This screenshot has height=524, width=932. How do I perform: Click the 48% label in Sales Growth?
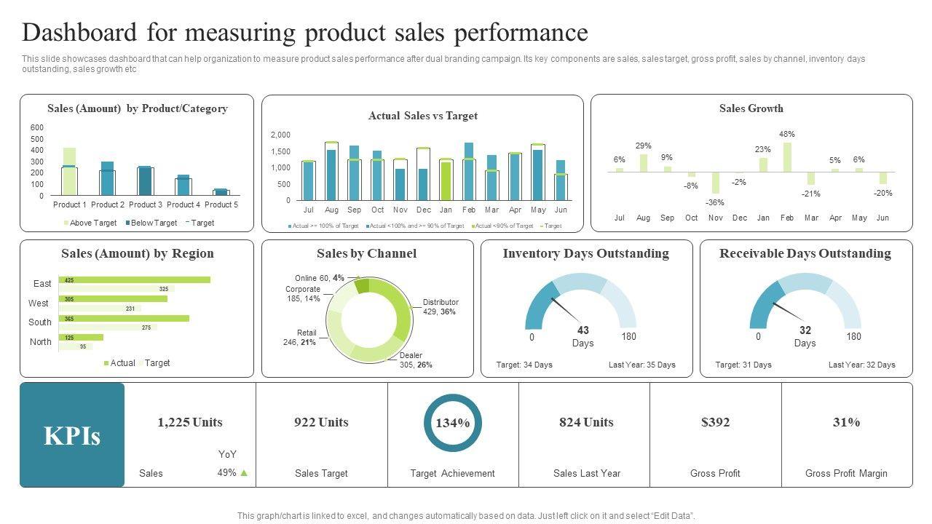786,134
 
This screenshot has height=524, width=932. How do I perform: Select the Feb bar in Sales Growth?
787,157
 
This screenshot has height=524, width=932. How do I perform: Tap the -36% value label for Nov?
715,202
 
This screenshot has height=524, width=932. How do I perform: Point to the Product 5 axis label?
221,205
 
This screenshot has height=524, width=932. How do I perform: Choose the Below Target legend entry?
151,223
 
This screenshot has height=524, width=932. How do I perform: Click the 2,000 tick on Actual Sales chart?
280,135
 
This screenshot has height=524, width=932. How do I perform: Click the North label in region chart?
41,341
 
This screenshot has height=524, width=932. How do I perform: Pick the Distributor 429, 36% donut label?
440,306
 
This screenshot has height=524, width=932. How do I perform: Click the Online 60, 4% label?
320,278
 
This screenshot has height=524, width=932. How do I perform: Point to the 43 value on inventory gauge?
582,330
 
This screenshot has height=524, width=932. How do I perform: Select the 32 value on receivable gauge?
805,330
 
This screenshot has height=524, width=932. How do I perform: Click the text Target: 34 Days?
524,365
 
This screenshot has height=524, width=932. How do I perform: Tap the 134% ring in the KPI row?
453,423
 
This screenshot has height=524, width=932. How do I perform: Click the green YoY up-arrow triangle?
244,473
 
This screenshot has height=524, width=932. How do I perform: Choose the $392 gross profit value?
715,422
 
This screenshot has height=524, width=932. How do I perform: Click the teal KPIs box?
72,435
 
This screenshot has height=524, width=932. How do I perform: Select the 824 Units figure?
586,422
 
